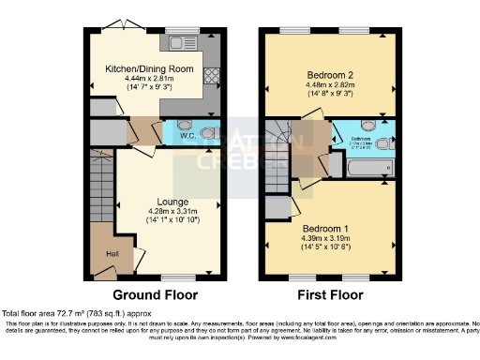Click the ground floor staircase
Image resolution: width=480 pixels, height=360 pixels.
pyautogui.click(x=100, y=187)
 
